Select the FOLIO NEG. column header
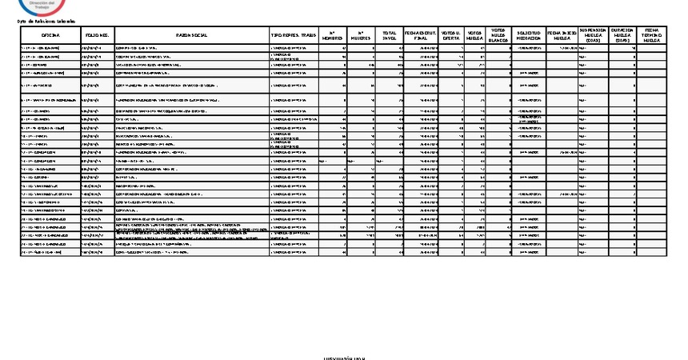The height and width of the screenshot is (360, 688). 96,36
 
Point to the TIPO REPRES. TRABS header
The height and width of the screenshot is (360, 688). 294,36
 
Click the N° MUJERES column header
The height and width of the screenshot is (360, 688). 361,36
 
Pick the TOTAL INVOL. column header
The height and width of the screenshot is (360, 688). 390,36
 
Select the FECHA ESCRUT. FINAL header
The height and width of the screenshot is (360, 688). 421,36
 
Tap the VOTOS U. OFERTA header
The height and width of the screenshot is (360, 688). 450,36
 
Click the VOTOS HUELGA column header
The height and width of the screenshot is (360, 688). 474,36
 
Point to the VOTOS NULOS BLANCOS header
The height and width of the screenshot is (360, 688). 498,35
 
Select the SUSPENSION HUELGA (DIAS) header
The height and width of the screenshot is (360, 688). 593,35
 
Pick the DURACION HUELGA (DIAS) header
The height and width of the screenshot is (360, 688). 622,35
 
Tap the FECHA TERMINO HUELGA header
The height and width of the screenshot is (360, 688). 651,35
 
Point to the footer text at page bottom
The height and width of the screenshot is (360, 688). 344,358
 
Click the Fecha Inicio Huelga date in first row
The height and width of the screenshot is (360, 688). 565,49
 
